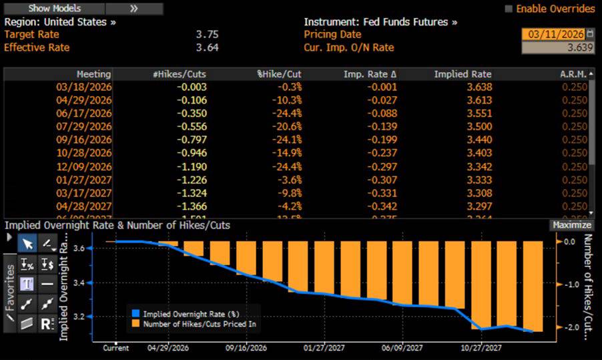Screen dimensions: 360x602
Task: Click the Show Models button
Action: [54, 9]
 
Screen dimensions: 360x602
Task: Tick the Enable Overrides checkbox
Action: [509, 9]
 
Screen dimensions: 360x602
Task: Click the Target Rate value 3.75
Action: [206, 34]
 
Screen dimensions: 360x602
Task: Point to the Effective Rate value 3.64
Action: [206, 47]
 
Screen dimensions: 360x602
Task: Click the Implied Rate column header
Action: [463, 74]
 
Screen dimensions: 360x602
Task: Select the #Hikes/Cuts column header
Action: [179, 74]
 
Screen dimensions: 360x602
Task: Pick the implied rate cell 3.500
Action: [479, 127]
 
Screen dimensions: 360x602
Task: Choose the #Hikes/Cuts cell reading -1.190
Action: [192, 166]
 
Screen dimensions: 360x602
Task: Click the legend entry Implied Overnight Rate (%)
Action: [190, 313]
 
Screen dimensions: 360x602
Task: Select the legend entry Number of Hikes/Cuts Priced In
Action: [199, 323]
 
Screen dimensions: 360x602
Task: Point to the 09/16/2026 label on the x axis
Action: [247, 348]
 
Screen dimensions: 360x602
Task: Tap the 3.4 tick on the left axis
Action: [78, 283]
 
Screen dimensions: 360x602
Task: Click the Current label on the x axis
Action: [115, 348]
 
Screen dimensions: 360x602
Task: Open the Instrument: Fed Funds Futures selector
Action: [380, 21]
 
